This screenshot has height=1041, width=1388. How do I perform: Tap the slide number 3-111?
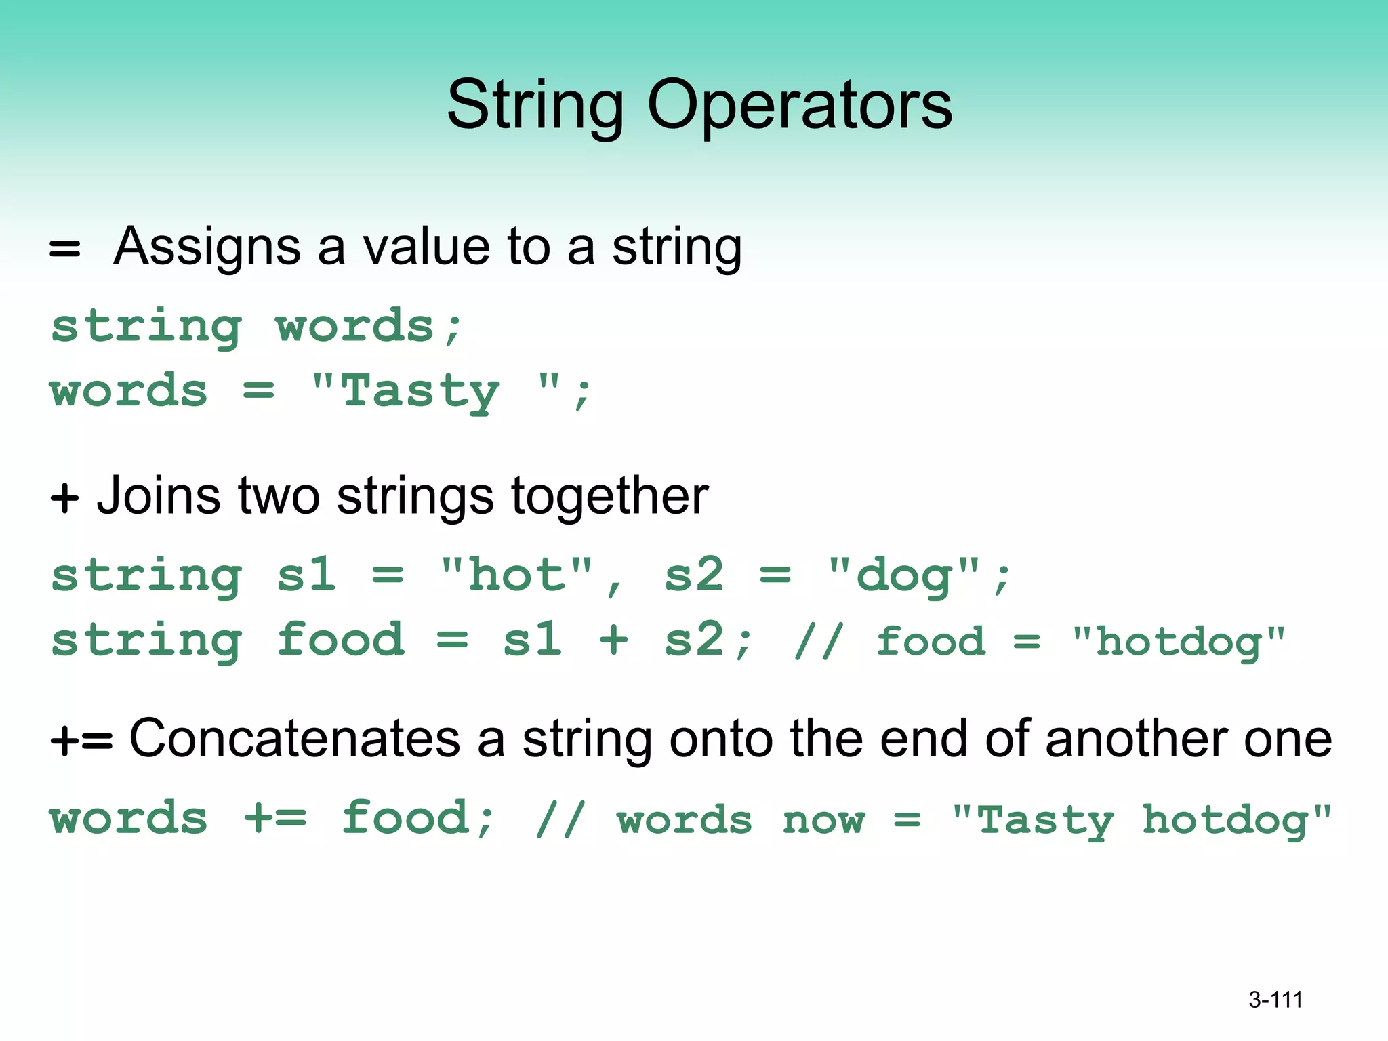click(x=1275, y=1000)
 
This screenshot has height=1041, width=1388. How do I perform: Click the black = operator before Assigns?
click(x=65, y=249)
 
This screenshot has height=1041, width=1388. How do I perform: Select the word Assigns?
click(x=207, y=247)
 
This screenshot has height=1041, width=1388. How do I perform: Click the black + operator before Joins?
click(x=65, y=498)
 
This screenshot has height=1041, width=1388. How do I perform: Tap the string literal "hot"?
click(x=516, y=575)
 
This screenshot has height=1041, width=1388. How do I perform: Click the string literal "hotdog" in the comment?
click(x=1178, y=642)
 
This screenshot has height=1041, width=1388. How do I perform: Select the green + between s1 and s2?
click(x=613, y=639)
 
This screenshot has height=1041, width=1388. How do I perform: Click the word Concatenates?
click(x=295, y=739)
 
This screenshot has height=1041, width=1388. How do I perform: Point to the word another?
click(x=1136, y=739)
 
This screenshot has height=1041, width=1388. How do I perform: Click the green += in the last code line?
click(x=274, y=818)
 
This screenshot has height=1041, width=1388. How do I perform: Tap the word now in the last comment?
click(x=823, y=820)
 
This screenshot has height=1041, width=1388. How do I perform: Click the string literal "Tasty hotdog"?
click(x=1141, y=821)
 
